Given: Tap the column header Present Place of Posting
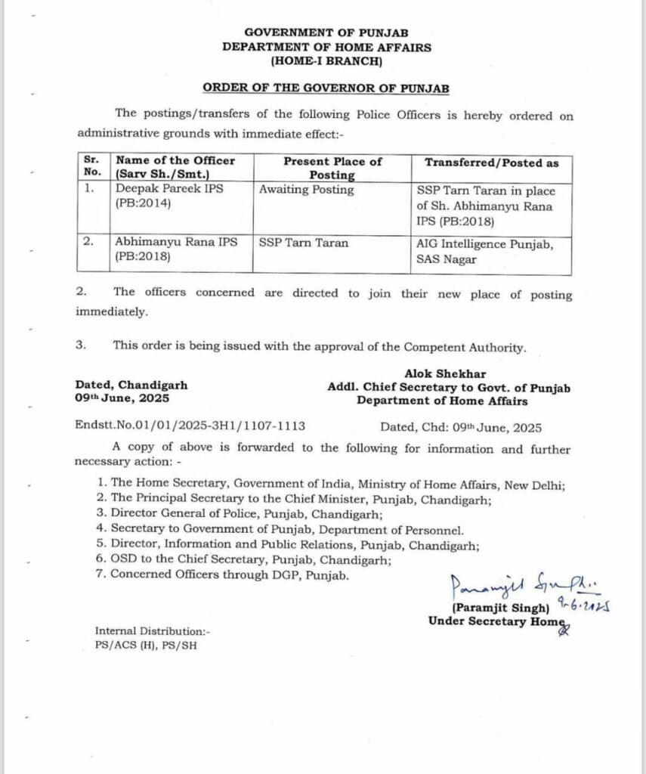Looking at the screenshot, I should click(x=332, y=168).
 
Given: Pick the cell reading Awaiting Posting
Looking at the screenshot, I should click(x=306, y=190).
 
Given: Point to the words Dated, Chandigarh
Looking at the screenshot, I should click(x=131, y=385).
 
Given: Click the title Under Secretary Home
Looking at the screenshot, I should click(x=496, y=621).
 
